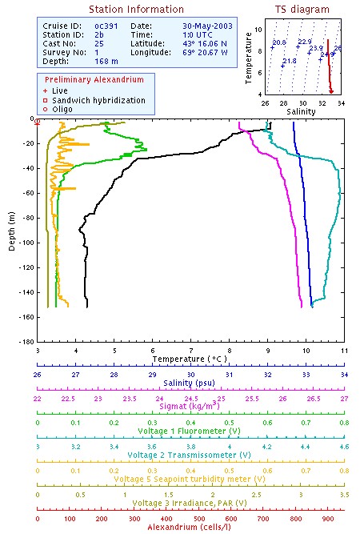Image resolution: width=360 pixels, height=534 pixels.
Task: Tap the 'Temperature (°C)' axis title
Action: [x=190, y=360]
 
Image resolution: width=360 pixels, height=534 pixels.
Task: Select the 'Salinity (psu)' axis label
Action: [x=190, y=383]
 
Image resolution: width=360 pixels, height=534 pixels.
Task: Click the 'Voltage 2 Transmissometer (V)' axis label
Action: [x=190, y=455]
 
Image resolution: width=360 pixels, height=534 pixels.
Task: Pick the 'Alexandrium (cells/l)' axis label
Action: [x=190, y=526]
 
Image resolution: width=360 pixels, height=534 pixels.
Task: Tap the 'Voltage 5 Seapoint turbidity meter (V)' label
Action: [x=190, y=479]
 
